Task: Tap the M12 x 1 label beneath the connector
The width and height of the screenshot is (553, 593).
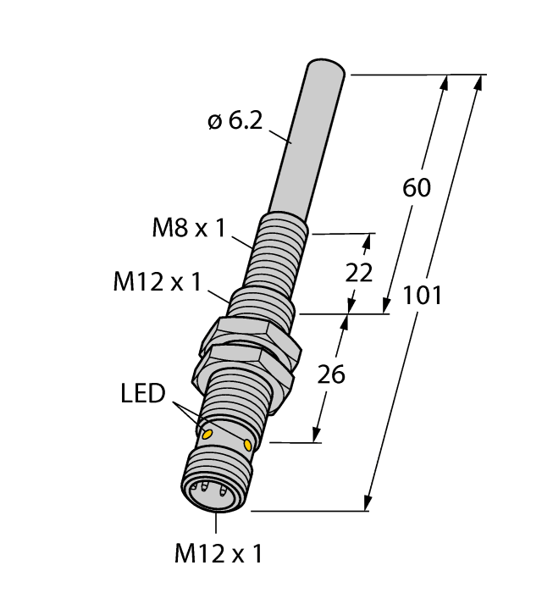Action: pos(218,555)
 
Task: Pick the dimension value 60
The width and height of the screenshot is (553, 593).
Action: pos(416,188)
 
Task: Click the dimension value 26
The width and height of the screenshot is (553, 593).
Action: pos(331,374)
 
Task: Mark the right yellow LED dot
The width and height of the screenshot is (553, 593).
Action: pos(247,446)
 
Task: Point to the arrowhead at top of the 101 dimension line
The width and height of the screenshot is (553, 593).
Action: pos(480,82)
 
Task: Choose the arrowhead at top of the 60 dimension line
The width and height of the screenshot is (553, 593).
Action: pos(445,82)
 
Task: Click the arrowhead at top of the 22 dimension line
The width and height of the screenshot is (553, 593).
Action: pos(367,241)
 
